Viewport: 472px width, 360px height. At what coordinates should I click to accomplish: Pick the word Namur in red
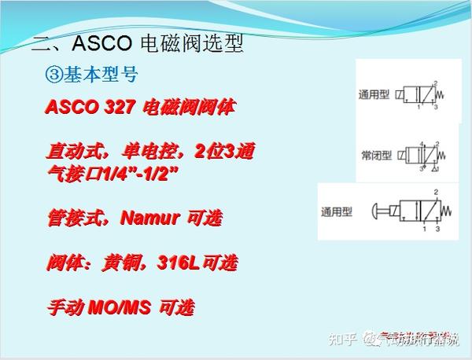coord(151,218)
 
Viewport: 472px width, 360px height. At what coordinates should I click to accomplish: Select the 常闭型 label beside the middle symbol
coord(376,155)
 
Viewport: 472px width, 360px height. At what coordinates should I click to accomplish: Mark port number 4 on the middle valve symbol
coord(420,142)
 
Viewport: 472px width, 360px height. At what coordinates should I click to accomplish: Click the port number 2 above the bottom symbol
coord(435,192)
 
